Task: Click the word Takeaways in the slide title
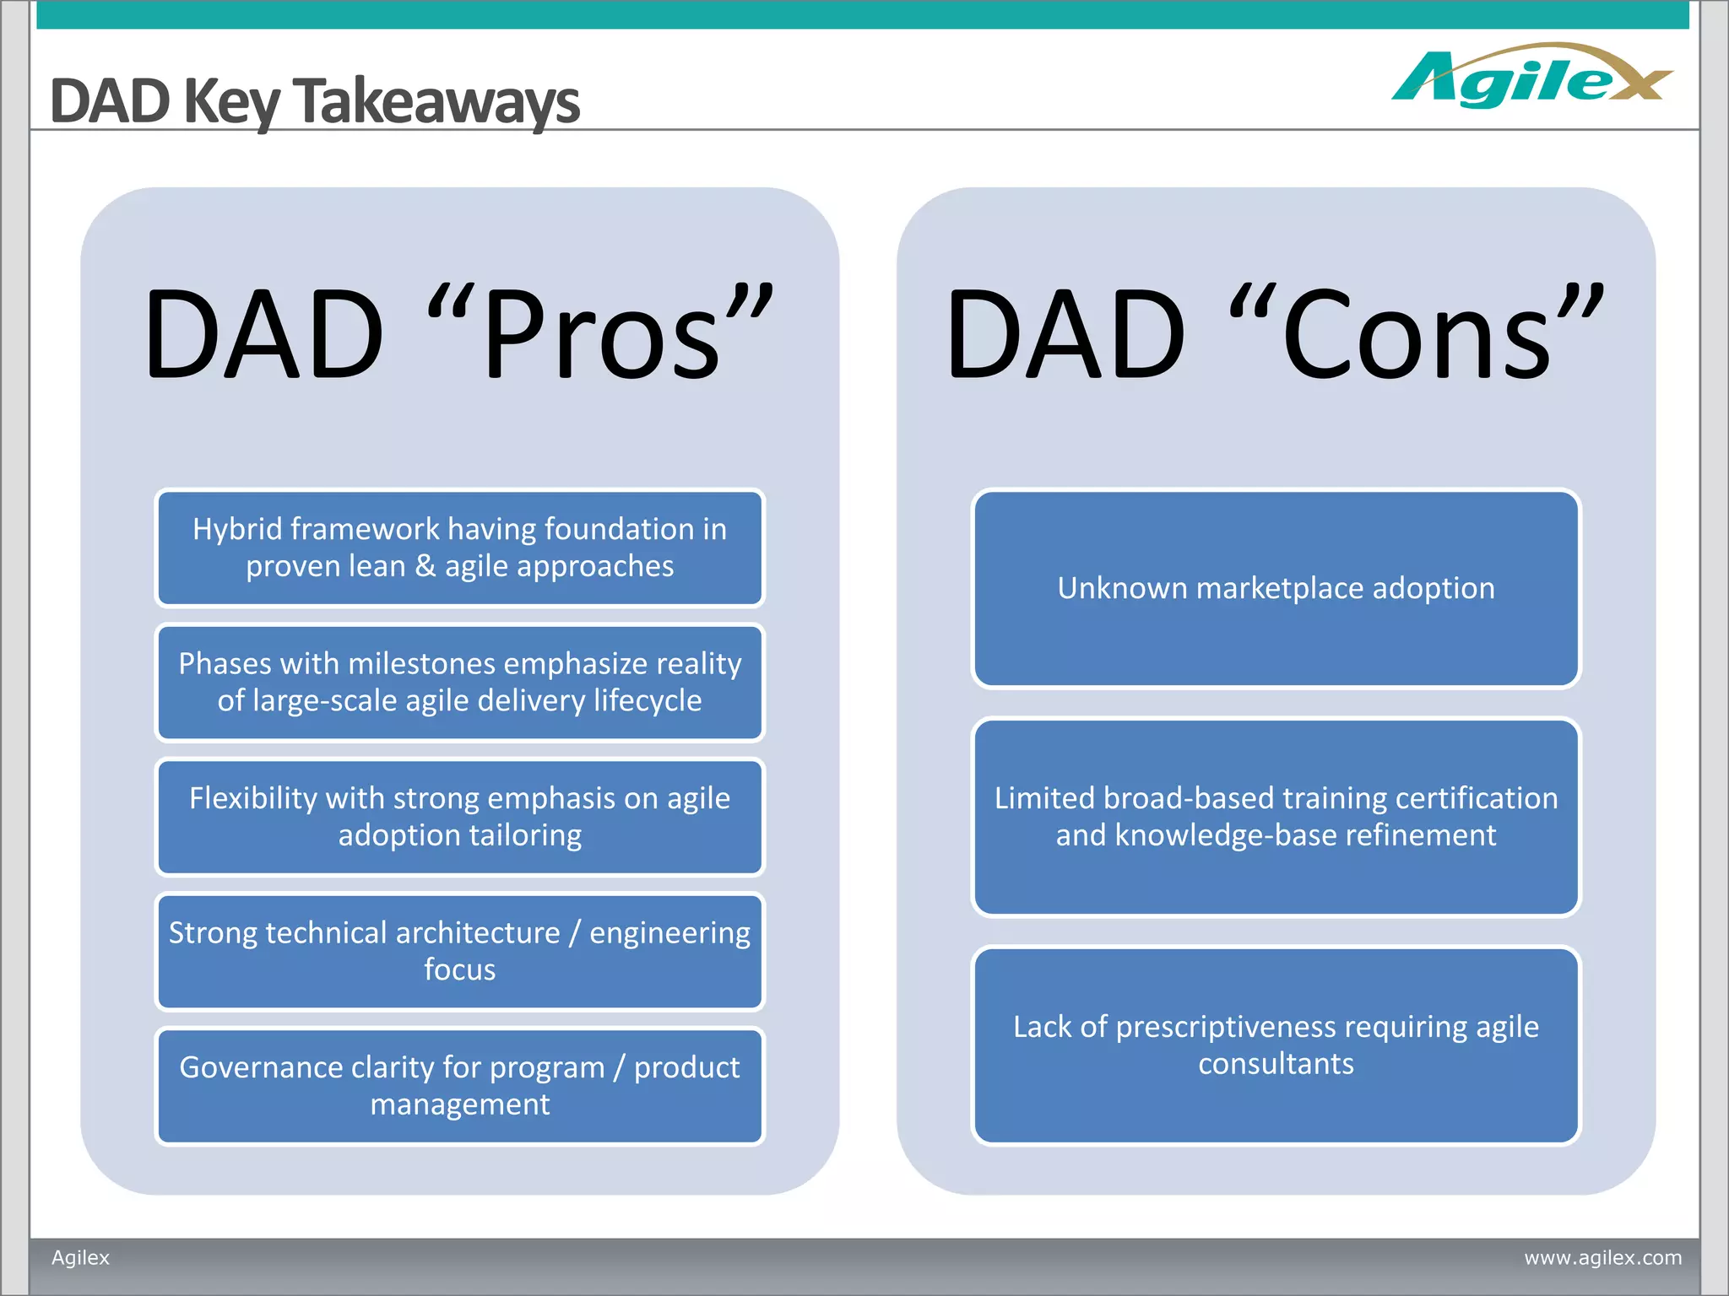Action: pyautogui.click(x=436, y=101)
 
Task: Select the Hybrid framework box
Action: pyautogui.click(x=460, y=548)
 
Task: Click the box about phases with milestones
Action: pyautogui.click(x=460, y=683)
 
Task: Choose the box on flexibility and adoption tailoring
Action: pyautogui.click(x=460, y=817)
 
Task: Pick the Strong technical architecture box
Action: pyautogui.click(x=460, y=951)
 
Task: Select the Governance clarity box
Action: pyautogui.click(x=460, y=1086)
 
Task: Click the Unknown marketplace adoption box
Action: pyautogui.click(x=1276, y=589)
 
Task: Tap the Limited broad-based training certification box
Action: pyautogui.click(x=1276, y=817)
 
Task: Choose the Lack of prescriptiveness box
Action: pyautogui.click(x=1276, y=1045)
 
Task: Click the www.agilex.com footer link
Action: pyautogui.click(x=1602, y=1257)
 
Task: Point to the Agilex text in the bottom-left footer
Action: pyautogui.click(x=81, y=1257)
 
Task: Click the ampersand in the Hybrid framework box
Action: pyautogui.click(x=425, y=566)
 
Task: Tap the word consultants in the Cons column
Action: pyautogui.click(x=1276, y=1064)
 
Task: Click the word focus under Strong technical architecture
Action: pyautogui.click(x=460, y=969)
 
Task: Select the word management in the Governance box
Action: pyautogui.click(x=460, y=1104)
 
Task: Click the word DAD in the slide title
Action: pyautogui.click(x=111, y=101)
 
